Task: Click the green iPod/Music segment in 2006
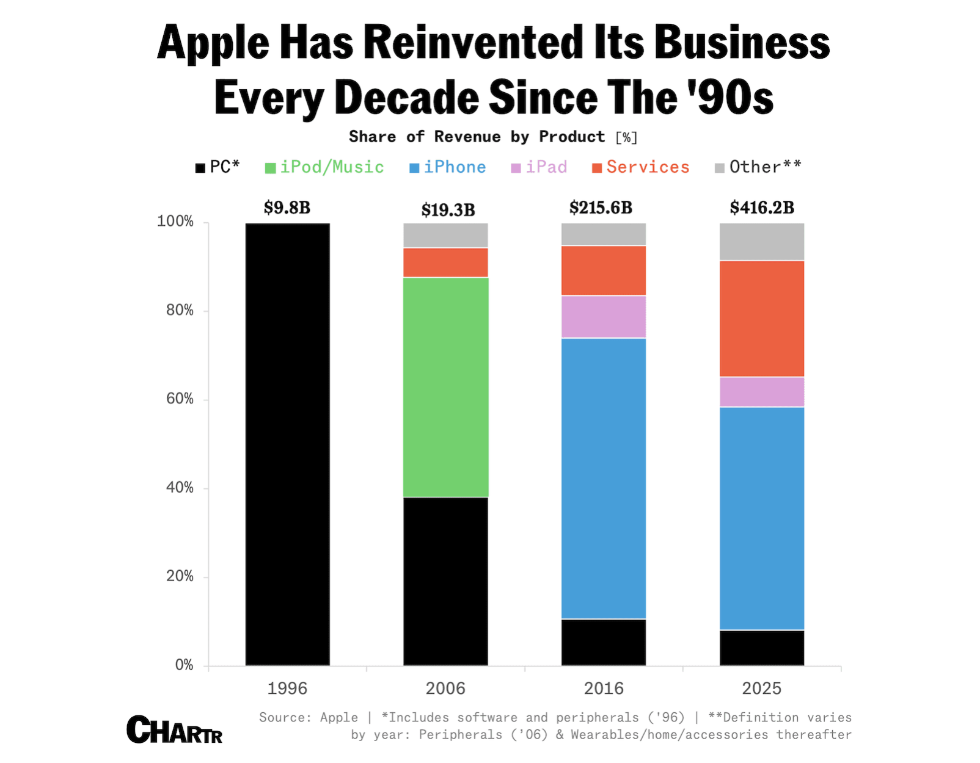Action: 445,387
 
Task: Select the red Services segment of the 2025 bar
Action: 761,318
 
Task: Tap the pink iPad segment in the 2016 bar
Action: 603,316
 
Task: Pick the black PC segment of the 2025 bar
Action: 761,647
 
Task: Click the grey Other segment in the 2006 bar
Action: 445,235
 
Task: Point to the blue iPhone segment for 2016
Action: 603,478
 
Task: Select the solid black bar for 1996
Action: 287,444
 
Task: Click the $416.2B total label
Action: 761,208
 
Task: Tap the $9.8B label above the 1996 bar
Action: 287,208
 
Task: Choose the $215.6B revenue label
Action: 601,208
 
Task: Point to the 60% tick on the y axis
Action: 180,399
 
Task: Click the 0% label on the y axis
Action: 184,665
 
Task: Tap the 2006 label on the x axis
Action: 445,689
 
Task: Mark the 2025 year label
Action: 761,689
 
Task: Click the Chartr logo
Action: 174,730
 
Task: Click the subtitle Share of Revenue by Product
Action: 477,137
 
